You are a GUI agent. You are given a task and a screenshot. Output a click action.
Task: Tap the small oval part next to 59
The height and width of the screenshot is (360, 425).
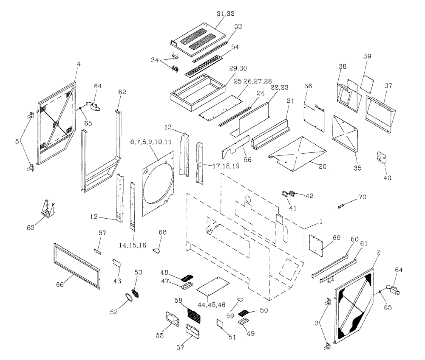click(x=241, y=299)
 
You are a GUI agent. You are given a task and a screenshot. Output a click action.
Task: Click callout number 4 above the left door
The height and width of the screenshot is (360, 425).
click(x=78, y=65)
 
